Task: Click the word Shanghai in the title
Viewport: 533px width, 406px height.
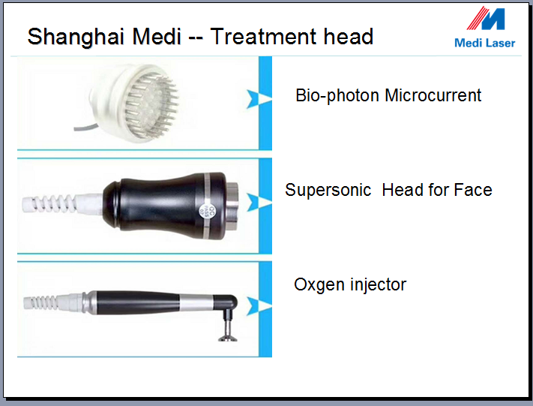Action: click(76, 38)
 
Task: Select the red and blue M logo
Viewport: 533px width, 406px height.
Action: click(486, 18)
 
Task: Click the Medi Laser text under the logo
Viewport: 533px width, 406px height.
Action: click(485, 44)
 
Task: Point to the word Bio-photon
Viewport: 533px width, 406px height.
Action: click(337, 96)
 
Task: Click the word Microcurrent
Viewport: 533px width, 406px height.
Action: click(433, 95)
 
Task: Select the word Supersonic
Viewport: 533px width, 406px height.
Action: click(328, 191)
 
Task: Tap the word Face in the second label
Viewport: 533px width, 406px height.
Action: click(473, 190)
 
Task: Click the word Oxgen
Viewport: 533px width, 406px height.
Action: click(319, 285)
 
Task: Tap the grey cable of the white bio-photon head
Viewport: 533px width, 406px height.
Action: click(85, 128)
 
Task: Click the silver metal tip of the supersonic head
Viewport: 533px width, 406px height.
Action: click(232, 206)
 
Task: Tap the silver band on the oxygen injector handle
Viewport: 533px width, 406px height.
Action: click(196, 302)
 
